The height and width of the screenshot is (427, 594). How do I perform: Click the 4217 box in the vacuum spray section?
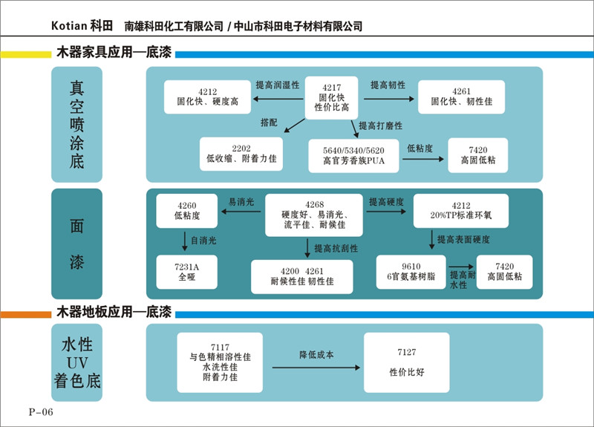click(x=331, y=97)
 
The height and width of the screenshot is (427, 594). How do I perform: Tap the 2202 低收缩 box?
click(x=241, y=154)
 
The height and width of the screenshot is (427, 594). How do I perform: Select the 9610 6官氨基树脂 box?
click(x=411, y=272)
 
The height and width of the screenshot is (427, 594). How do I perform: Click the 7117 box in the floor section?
click(x=220, y=362)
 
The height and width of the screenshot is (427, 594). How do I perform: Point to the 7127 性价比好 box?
click(x=406, y=362)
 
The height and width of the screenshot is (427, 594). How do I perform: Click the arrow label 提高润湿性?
click(x=278, y=85)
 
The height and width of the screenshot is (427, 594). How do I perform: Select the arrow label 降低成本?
click(x=316, y=355)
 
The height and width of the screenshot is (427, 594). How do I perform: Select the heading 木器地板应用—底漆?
click(x=114, y=312)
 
